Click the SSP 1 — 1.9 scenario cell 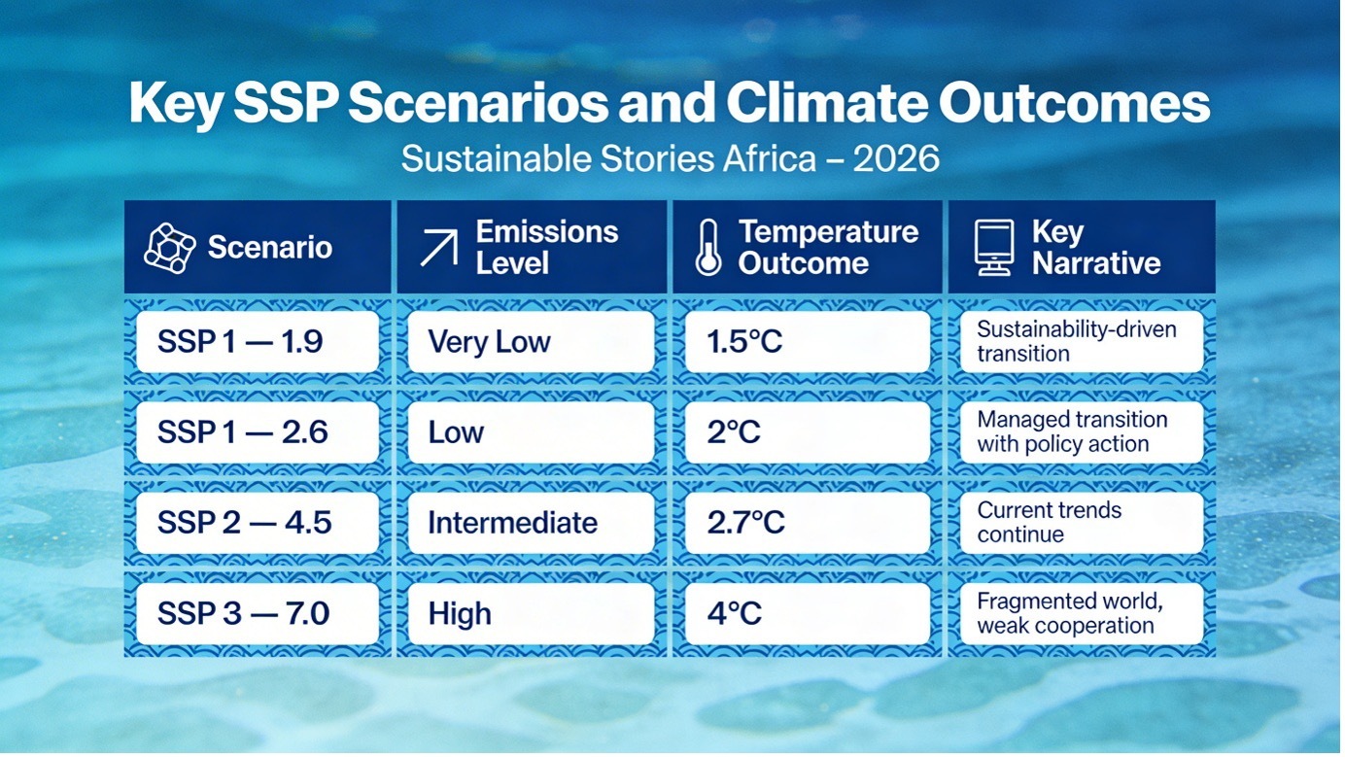tap(258, 342)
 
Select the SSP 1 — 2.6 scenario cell tap(258, 432)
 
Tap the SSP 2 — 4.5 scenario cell tap(258, 523)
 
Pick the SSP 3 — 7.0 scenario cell tap(258, 614)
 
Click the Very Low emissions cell tap(531, 342)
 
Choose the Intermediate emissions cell tap(531, 523)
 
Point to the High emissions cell tap(531, 614)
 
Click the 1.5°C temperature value tap(807, 342)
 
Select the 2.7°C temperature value tap(807, 523)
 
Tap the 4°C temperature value tap(807, 614)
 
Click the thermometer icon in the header tap(707, 248)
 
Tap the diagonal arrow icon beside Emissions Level tap(438, 249)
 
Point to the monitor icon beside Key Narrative tap(993, 248)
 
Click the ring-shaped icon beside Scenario tap(170, 247)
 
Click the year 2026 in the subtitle tap(896, 158)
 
